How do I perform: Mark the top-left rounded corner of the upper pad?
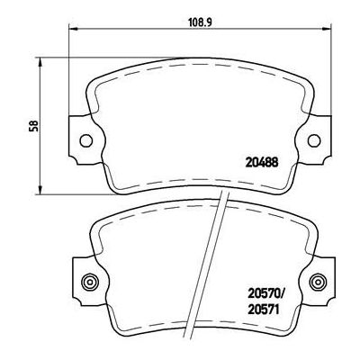pyautogui.click(x=94, y=75)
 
